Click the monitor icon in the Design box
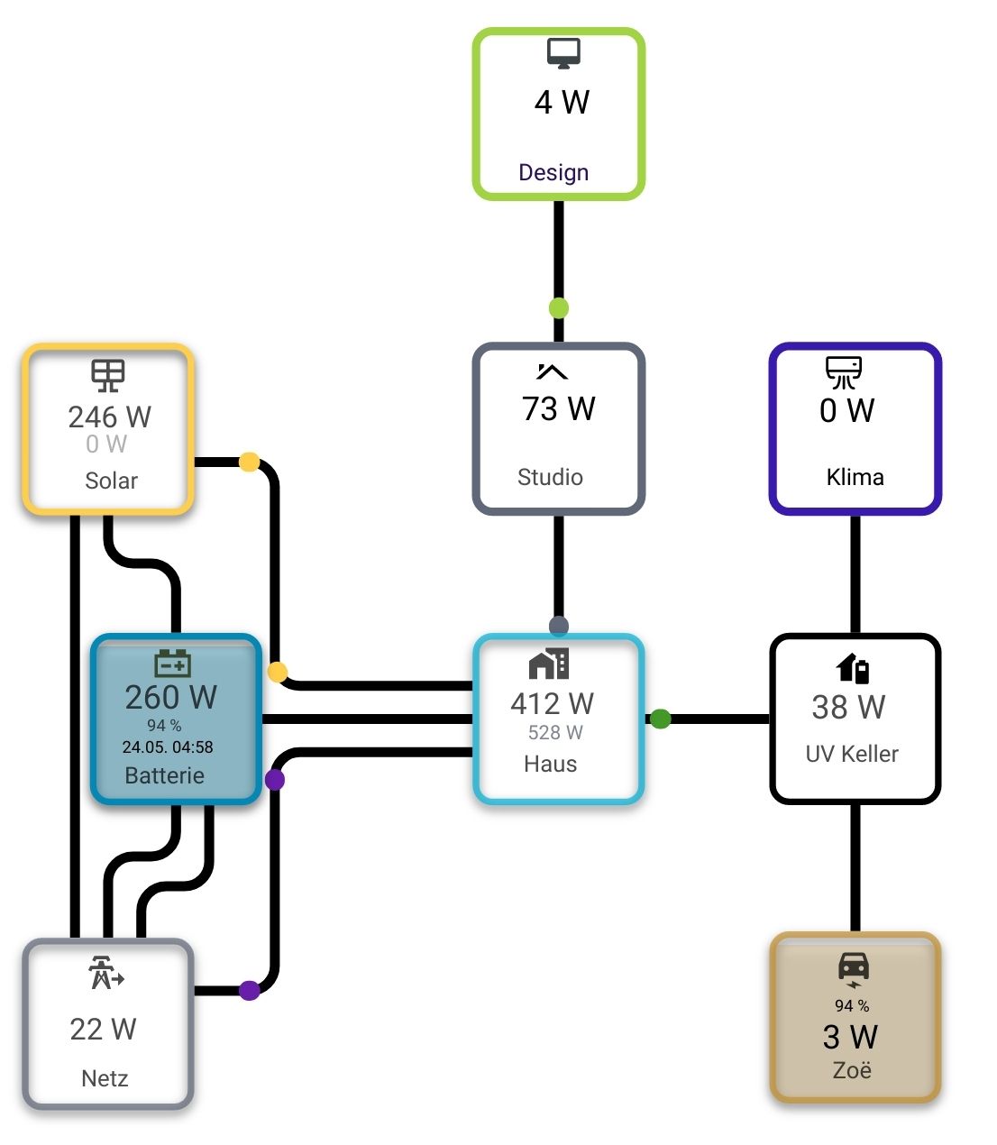pyautogui.click(x=563, y=53)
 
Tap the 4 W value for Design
pyautogui.click(x=562, y=102)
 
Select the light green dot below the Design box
pyautogui.click(x=558, y=307)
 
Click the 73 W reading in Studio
pyautogui.click(x=558, y=408)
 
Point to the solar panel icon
pyautogui.click(x=108, y=375)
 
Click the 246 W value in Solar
pyautogui.click(x=110, y=417)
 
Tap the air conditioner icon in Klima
pyautogui.click(x=844, y=372)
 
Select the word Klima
pyautogui.click(x=855, y=477)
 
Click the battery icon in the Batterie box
pyautogui.click(x=172, y=664)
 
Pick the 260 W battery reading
pyautogui.click(x=170, y=697)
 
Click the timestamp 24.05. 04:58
pyautogui.click(x=168, y=747)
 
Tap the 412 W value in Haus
pyautogui.click(x=552, y=703)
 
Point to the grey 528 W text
pyautogui.click(x=555, y=733)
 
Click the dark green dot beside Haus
pyautogui.click(x=660, y=719)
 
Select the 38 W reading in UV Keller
pyautogui.click(x=849, y=707)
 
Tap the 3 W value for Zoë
pyautogui.click(x=850, y=1037)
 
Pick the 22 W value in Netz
pyautogui.click(x=104, y=1030)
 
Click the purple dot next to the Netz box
pyautogui.click(x=250, y=990)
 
